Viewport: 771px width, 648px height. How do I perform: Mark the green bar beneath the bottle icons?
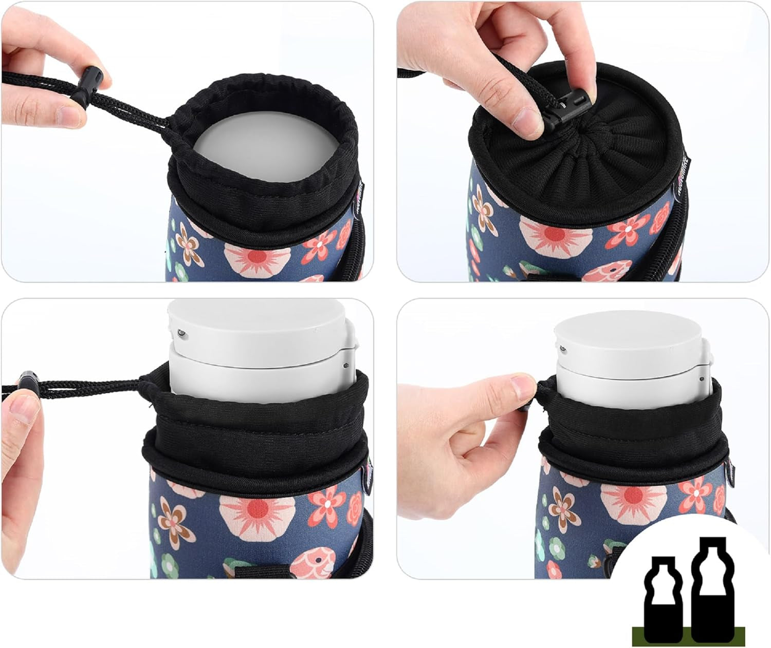(x=688, y=636)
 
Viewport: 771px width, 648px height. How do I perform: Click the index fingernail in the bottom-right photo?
(x=524, y=382)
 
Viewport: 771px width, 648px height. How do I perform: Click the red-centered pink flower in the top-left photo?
(x=256, y=255)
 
